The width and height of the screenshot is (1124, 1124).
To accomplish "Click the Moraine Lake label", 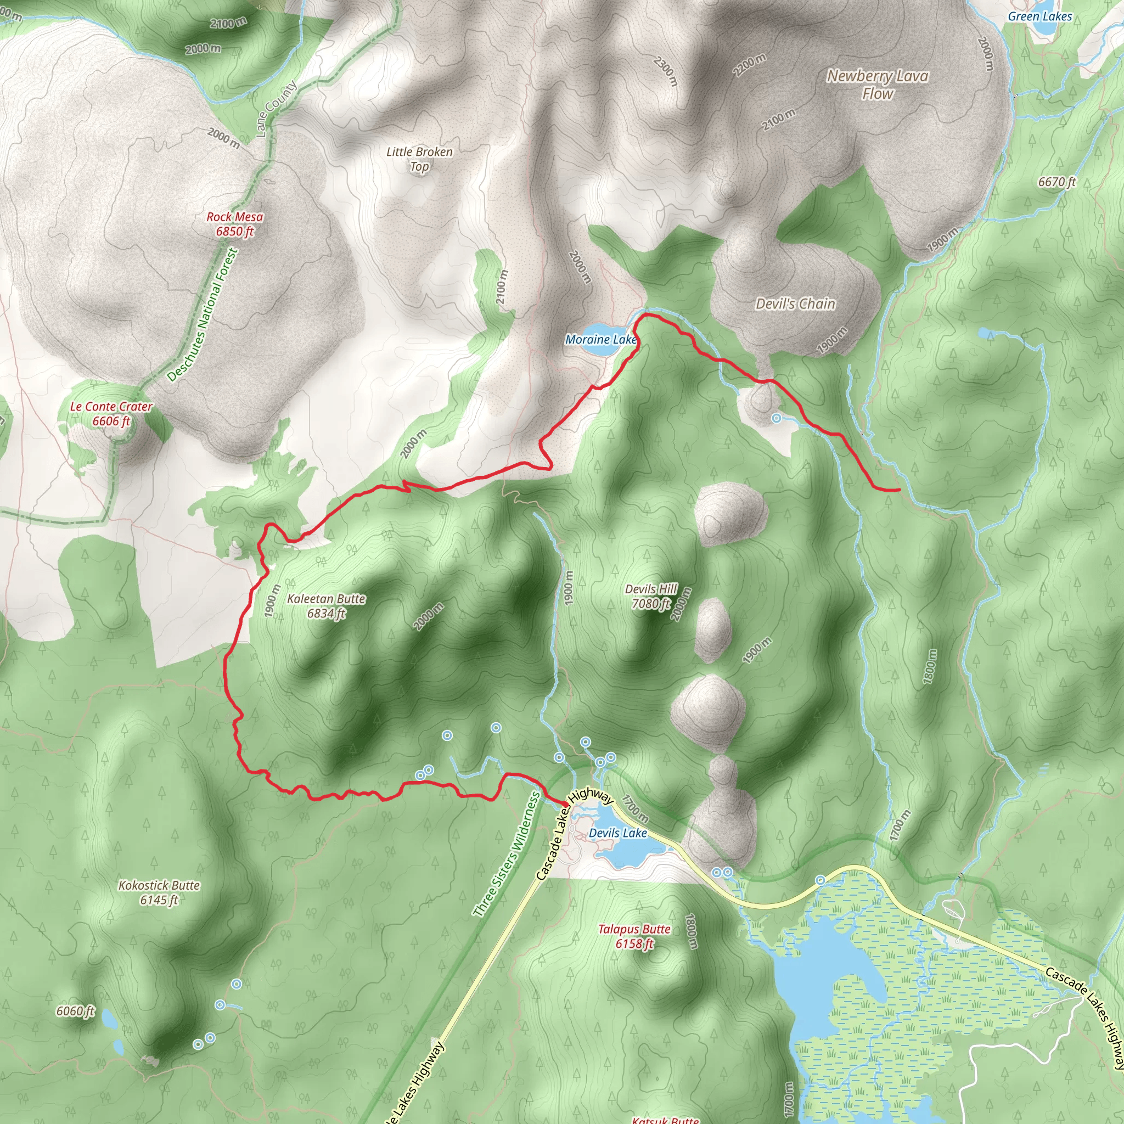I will coord(601,339).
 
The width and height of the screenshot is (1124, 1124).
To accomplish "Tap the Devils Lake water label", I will coord(618,833).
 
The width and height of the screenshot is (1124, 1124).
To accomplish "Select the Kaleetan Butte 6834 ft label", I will coord(327,606).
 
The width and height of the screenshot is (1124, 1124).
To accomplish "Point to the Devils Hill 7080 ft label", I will coord(651,597).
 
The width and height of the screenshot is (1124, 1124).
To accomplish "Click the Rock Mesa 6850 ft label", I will coord(235,224).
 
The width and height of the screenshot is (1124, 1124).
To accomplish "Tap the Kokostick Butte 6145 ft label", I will coord(159,892).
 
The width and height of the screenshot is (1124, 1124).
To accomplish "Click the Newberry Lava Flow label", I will coord(878,85).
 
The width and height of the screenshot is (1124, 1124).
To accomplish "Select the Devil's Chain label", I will coord(795,304).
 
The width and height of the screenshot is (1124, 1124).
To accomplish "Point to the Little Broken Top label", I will coord(419,159).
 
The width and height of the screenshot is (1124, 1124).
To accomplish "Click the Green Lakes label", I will coord(1039,16).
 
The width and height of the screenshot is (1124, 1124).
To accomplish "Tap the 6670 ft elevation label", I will coord(1057,182).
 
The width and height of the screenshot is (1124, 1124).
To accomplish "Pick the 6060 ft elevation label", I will coord(76,1011).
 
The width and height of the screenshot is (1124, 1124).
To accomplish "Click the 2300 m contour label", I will coord(666,71).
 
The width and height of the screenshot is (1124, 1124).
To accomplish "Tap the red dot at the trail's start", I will coord(565,805).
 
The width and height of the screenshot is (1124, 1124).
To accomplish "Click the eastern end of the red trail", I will coord(900,491).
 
